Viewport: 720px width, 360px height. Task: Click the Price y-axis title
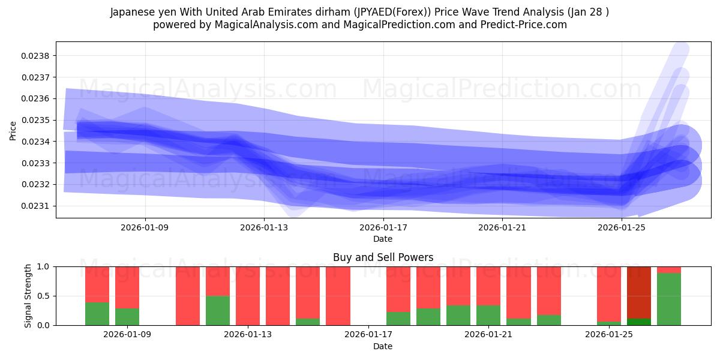[13, 130]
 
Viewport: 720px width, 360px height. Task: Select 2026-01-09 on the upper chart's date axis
[145, 228]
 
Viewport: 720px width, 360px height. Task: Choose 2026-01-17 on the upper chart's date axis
[383, 228]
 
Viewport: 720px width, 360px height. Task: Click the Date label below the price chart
[383, 239]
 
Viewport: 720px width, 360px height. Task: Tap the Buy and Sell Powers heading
[383, 257]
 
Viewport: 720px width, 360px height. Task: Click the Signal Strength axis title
[28, 296]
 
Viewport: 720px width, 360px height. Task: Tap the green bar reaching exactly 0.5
[218, 310]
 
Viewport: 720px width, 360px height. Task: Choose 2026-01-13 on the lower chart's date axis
[248, 335]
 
